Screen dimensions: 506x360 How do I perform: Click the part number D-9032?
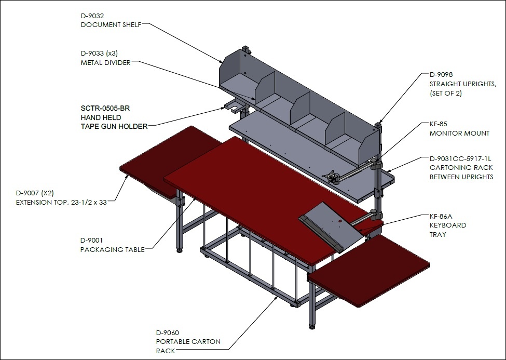92,16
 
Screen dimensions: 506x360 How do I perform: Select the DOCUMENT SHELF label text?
111,25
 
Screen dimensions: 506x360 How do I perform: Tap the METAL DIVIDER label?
106,63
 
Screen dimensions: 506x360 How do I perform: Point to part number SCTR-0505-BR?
105,108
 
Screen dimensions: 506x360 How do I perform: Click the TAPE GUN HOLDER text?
114,126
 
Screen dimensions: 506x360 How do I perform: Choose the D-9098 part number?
441,75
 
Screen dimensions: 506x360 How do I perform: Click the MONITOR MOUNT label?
459,133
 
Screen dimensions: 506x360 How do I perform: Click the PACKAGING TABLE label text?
112,249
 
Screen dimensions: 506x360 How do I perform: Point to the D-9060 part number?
168,332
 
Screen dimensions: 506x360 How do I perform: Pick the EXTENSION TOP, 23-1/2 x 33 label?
61,203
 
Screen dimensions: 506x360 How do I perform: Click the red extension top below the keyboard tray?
369,271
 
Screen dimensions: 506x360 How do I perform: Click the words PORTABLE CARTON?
188,342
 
